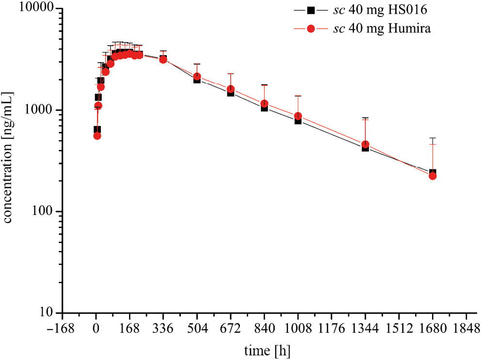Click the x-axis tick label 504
click(x=197, y=328)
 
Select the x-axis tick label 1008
click(x=298, y=328)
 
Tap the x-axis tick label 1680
click(x=432, y=328)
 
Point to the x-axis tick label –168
click(x=63, y=328)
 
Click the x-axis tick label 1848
click(x=465, y=328)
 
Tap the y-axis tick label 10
click(x=48, y=313)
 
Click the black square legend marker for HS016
click(x=311, y=10)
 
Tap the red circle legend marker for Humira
click(x=311, y=29)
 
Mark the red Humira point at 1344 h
click(x=365, y=145)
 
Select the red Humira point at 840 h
click(x=264, y=104)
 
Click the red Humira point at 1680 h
click(x=433, y=176)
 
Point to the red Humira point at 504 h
click(x=197, y=77)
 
